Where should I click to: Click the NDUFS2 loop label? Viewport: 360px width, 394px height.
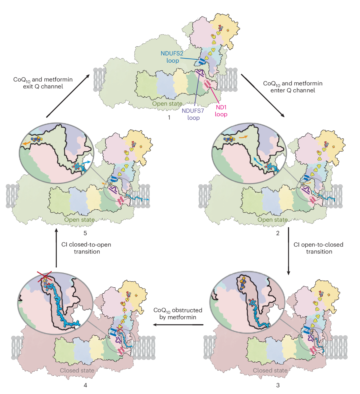[x=172, y=57]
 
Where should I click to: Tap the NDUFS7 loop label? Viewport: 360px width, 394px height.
[x=193, y=114]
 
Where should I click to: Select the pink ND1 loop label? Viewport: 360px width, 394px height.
[x=221, y=111]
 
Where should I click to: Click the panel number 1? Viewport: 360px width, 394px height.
[x=169, y=117]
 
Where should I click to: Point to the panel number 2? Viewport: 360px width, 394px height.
[x=278, y=233]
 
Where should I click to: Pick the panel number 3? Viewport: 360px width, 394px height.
[x=278, y=385]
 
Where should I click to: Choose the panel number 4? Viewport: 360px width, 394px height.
[x=85, y=385]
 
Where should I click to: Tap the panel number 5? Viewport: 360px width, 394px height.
[x=85, y=233]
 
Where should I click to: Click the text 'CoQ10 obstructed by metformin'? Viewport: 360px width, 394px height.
[x=178, y=314]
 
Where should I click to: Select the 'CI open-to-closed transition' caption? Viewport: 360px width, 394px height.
[x=319, y=248]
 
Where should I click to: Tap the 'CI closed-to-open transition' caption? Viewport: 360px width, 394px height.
[x=86, y=248]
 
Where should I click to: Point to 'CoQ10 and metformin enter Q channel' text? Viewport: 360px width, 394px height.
[x=293, y=87]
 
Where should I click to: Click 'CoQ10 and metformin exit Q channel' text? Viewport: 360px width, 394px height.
[x=43, y=83]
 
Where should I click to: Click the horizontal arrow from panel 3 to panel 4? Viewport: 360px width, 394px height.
[x=178, y=324]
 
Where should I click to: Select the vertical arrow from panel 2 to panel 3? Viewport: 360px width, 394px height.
[x=289, y=251]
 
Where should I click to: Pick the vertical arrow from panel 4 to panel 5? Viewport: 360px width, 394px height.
[x=56, y=248]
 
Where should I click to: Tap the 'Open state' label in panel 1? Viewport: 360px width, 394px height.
[x=167, y=104]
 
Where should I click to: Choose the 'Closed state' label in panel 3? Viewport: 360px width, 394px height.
[x=270, y=370]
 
